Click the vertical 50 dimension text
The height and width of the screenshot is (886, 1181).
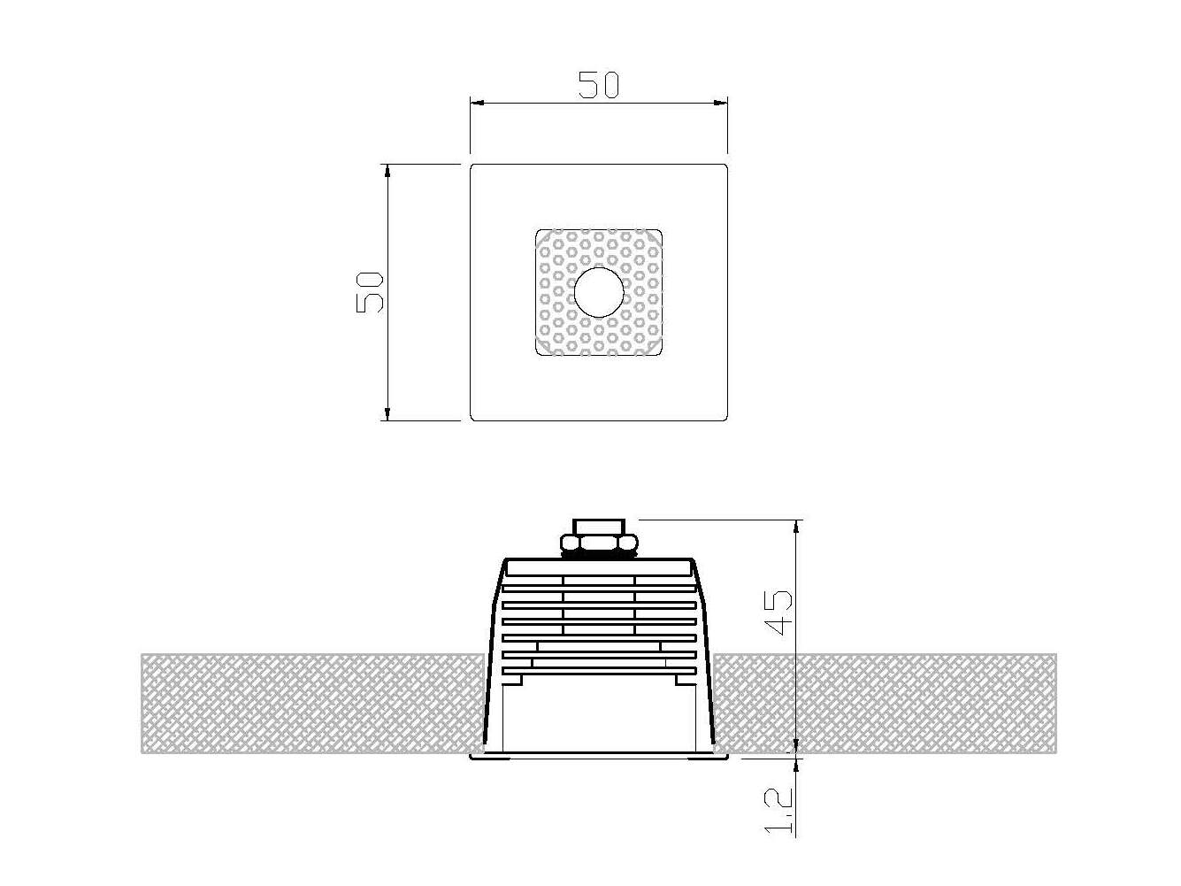coord(370,291)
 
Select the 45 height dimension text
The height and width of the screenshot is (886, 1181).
coord(778,612)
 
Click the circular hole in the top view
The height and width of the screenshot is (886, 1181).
coord(599,292)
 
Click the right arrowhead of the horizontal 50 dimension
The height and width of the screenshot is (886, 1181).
coord(721,104)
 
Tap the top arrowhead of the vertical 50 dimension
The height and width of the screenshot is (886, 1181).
coord(387,171)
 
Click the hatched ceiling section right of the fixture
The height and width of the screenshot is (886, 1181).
coord(885,704)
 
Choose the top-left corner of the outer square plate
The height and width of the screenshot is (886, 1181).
coord(472,166)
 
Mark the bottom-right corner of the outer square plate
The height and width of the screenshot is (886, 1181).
coord(725,418)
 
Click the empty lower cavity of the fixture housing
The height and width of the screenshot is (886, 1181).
coord(598,717)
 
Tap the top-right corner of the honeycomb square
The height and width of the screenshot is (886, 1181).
coord(660,233)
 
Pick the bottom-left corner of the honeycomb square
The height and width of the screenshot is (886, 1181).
coord(538,353)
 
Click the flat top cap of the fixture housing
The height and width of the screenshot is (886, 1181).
coord(598,564)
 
